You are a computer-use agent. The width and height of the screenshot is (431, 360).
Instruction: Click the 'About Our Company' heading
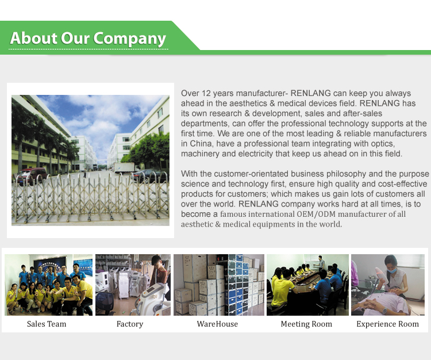tap(88, 38)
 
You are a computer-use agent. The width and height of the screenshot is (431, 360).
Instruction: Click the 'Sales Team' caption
tap(47, 324)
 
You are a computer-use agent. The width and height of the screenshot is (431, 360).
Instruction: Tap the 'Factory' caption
tap(130, 324)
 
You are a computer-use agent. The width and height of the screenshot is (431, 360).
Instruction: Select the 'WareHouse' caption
tap(217, 324)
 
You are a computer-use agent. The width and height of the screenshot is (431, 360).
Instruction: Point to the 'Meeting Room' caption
tap(306, 324)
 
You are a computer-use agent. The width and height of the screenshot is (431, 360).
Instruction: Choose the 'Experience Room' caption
tap(387, 324)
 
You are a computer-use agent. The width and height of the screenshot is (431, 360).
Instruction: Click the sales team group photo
tap(49, 285)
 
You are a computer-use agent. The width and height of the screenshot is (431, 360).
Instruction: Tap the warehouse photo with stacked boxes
tap(219, 285)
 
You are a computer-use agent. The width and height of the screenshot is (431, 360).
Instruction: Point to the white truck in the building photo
tap(125, 167)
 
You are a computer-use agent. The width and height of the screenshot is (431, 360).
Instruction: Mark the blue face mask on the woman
tap(392, 271)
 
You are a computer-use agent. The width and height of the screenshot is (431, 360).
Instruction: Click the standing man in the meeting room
tap(321, 262)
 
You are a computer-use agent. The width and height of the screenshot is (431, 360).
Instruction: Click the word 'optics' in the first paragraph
tap(383, 144)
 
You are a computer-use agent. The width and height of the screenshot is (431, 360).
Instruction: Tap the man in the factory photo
tap(159, 274)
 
